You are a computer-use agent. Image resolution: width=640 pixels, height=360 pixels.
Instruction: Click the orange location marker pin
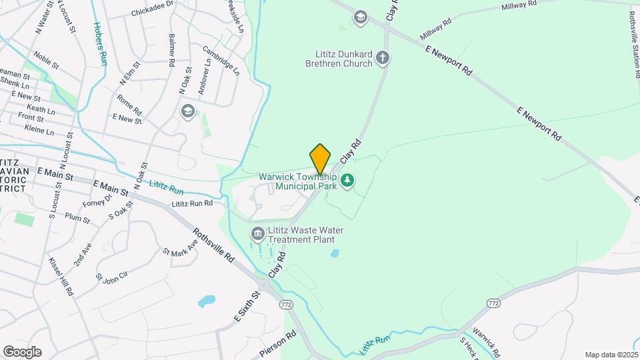321,159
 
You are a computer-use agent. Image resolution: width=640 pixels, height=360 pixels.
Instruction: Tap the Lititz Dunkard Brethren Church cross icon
383,57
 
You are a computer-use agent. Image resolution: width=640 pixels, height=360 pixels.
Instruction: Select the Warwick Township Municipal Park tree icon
347,180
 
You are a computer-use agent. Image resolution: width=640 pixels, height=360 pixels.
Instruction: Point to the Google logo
21,351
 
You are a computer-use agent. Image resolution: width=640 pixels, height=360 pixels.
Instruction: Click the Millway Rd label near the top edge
519,6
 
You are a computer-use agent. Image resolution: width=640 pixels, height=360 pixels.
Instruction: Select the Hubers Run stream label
100,43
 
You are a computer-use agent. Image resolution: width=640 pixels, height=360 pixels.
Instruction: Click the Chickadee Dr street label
152,12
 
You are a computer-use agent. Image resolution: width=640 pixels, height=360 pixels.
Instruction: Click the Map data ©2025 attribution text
610,355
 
